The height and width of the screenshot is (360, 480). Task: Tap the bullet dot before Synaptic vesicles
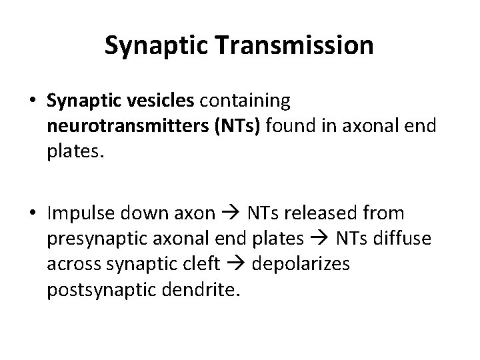click(x=33, y=101)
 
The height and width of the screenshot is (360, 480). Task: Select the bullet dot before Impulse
click(x=33, y=213)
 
